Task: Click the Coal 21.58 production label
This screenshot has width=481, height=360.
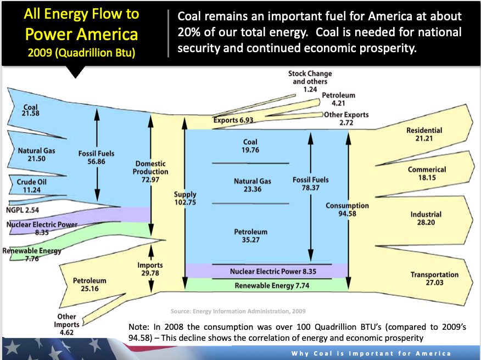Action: point(30,110)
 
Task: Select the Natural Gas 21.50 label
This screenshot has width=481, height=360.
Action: point(36,155)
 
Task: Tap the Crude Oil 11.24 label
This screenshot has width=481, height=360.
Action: point(32,186)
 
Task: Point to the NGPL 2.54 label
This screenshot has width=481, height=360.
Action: point(23,210)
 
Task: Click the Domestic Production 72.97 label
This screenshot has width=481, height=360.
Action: point(150,171)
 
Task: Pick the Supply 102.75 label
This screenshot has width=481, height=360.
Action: point(185,198)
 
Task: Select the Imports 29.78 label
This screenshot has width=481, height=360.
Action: point(150,269)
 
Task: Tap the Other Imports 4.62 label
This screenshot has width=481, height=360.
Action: point(66,324)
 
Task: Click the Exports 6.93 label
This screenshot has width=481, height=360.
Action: point(233,120)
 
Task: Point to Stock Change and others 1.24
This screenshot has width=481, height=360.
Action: point(310,81)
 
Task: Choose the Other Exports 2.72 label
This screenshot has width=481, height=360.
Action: point(346,119)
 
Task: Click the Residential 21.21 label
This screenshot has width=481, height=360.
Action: point(424,134)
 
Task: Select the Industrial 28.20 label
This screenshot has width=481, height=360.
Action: point(426,218)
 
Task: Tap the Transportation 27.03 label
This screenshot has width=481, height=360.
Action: point(434,278)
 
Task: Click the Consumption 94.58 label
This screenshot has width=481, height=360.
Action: point(347,209)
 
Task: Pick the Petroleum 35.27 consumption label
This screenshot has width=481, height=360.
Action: point(250,235)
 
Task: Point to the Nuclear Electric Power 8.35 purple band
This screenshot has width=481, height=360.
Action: point(266,271)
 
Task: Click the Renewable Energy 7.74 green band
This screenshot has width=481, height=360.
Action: point(266,285)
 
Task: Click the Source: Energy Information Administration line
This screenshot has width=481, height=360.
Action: point(238,311)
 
